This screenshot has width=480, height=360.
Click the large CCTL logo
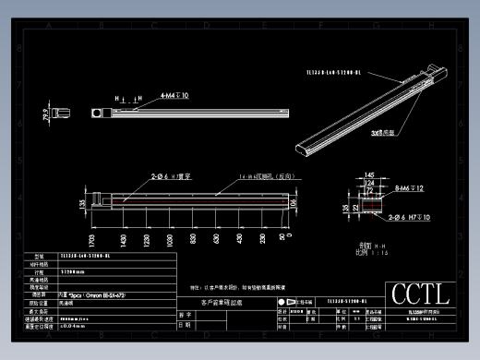tap(421, 294)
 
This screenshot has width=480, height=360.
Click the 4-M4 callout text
tap(174, 95)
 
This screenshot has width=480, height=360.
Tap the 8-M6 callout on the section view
tap(407, 188)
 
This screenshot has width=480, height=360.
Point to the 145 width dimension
tap(369, 174)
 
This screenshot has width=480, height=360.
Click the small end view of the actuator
tap(64, 112)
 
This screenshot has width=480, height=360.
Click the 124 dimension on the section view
tap(369, 182)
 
